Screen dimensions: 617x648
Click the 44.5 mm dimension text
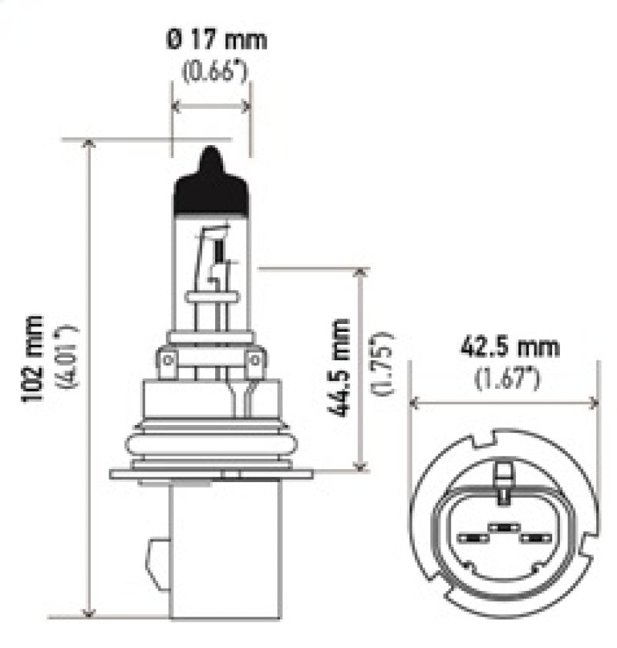341,368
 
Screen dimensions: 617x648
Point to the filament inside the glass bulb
219,251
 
